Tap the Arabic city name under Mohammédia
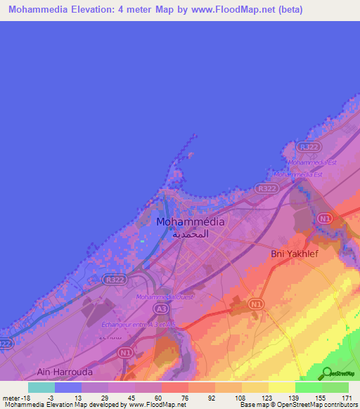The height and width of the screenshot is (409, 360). click(x=190, y=234)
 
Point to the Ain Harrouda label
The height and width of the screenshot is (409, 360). click(x=65, y=371)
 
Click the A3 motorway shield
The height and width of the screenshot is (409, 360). click(x=162, y=309)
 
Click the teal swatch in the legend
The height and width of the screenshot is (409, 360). click(x=41, y=387)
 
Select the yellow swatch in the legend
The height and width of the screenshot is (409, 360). click(x=281, y=387)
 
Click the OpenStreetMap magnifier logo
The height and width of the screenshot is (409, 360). click(x=326, y=373)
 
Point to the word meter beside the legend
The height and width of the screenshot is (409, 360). click(x=11, y=397)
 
